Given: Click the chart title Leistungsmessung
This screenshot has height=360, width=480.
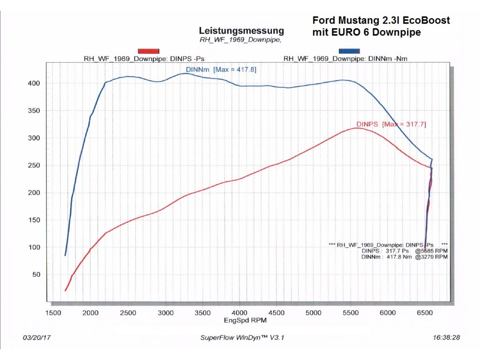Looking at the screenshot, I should coord(241,31).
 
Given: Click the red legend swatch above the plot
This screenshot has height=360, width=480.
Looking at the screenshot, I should coord(149,51).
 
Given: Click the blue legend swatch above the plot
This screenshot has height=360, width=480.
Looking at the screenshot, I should coord(349,51).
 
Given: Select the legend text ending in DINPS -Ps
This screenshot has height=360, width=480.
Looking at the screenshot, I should coord(143,59).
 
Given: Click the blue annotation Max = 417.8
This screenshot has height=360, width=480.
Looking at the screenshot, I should coord(234,69).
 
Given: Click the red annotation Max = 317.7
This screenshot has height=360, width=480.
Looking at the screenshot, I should coord(404,124).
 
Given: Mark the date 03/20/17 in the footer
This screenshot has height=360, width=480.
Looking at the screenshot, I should coord(36,337).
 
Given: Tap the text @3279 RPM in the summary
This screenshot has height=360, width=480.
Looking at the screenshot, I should coord(431,257).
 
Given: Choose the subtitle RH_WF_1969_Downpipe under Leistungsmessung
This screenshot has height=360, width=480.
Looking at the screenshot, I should coord(240,40).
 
